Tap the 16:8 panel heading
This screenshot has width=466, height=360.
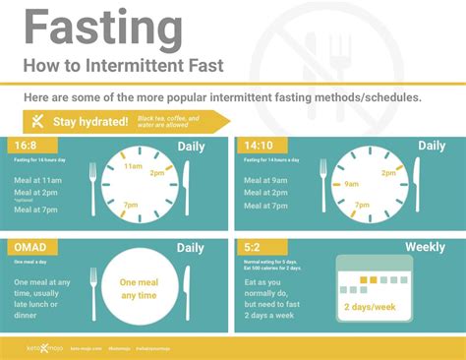coord(26,147)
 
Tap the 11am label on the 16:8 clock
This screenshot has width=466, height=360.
coord(133,166)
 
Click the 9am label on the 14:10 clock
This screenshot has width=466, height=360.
coord(349,182)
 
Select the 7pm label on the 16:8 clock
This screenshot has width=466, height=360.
coord(132,204)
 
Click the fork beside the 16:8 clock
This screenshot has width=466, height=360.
coord(94,187)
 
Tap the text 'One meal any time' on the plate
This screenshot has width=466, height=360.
coord(140,289)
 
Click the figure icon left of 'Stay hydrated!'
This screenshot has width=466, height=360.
coord(37,121)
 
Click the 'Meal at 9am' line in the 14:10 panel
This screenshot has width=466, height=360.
coord(265,179)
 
